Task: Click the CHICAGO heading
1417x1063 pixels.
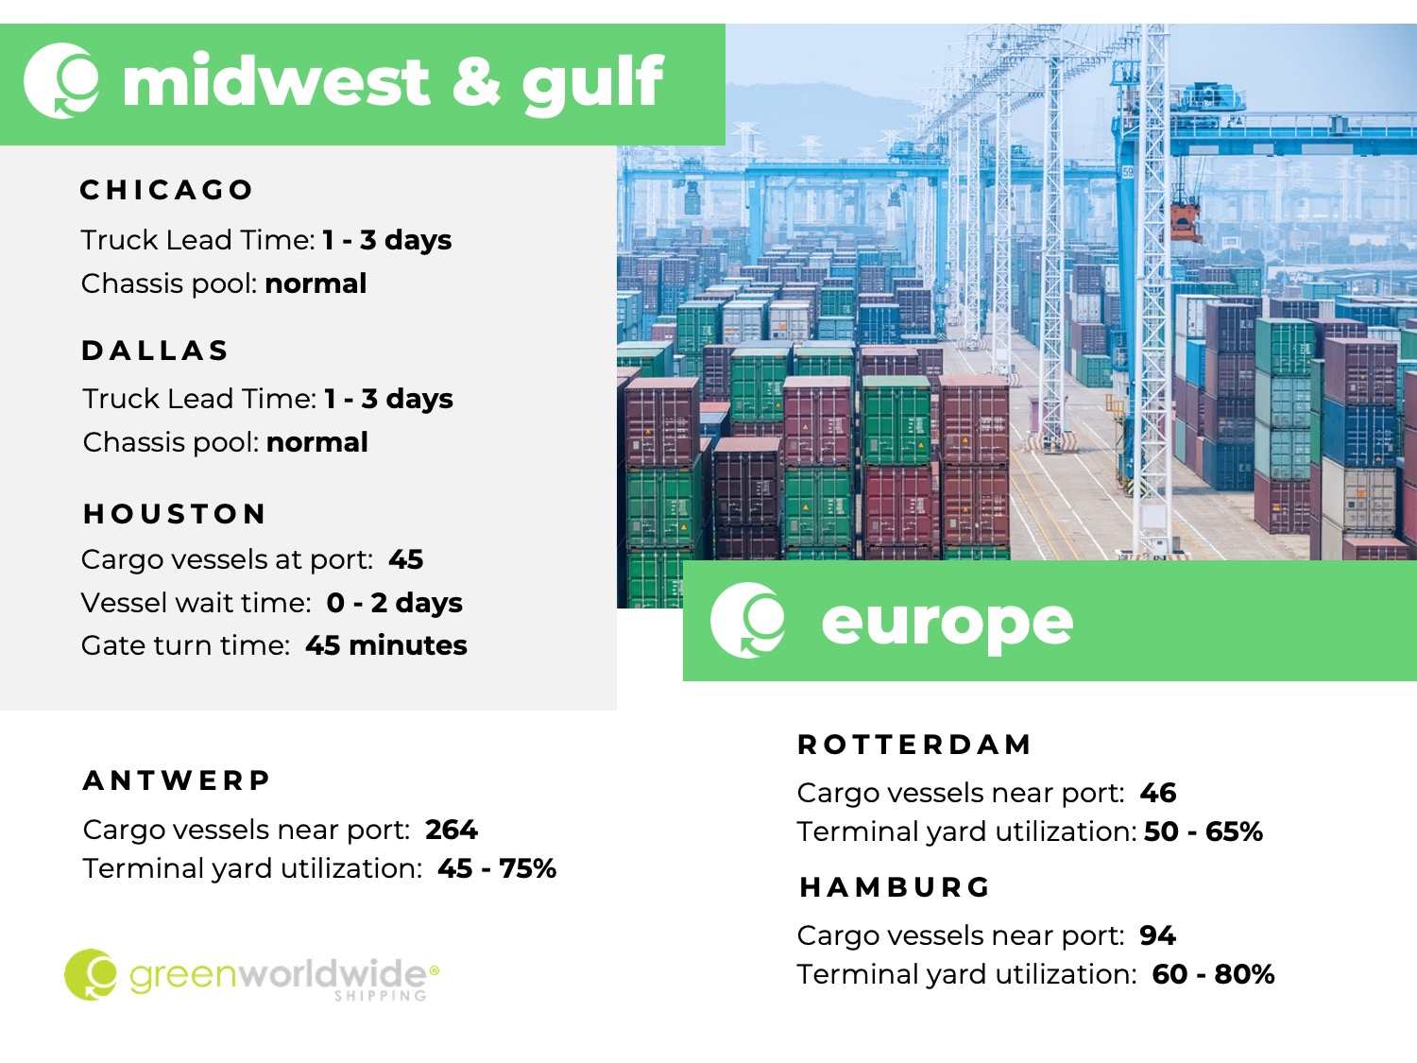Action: [x=166, y=190]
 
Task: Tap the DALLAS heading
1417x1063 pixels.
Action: [x=155, y=351]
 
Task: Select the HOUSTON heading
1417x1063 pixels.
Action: [x=175, y=514]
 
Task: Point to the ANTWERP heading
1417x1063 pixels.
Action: [x=177, y=780]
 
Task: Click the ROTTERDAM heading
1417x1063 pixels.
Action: [x=914, y=745]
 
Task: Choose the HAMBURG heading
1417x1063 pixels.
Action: [x=895, y=887]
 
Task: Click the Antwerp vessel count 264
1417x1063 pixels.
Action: [x=452, y=830]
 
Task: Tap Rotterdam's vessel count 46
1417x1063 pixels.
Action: [x=1158, y=793]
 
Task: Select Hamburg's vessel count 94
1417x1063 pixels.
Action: [x=1157, y=935]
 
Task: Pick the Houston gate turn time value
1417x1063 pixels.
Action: [x=386, y=645]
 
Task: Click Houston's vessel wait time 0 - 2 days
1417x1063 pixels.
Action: [x=395, y=603]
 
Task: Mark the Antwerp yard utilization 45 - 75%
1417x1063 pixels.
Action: [x=497, y=868]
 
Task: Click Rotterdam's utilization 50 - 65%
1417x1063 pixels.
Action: [x=1204, y=832]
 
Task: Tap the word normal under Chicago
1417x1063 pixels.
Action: [x=316, y=283]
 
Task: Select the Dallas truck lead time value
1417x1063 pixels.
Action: [x=388, y=399]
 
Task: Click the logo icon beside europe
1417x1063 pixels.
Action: [x=747, y=620]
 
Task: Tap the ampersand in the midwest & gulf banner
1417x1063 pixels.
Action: [x=476, y=81]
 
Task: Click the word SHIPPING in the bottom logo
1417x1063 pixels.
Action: [x=381, y=996]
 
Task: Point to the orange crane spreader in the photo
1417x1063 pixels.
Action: [x=1186, y=222]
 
